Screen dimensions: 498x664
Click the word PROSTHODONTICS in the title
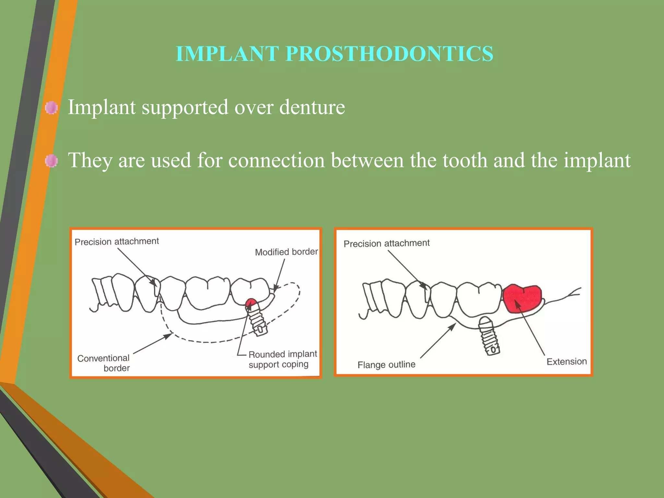pos(389,53)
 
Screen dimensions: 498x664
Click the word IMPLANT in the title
pos(227,53)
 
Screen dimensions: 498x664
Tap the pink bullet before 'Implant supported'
pos(51,108)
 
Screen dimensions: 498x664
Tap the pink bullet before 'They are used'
pos(51,161)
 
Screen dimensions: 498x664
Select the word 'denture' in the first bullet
pos(312,107)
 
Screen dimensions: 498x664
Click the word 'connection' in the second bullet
pos(276,160)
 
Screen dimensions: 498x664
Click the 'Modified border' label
pos(286,252)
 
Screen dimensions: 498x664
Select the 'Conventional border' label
pos(104,363)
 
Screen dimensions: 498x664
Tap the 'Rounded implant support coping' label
pos(282,359)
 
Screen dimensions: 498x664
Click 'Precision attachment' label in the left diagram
pos(117,242)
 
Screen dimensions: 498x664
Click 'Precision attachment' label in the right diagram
pos(386,243)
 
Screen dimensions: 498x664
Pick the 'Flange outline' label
pos(386,365)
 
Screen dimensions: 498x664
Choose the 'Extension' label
pos(566,362)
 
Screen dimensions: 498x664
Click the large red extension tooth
pos(522,298)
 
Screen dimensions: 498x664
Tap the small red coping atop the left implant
pos(251,303)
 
